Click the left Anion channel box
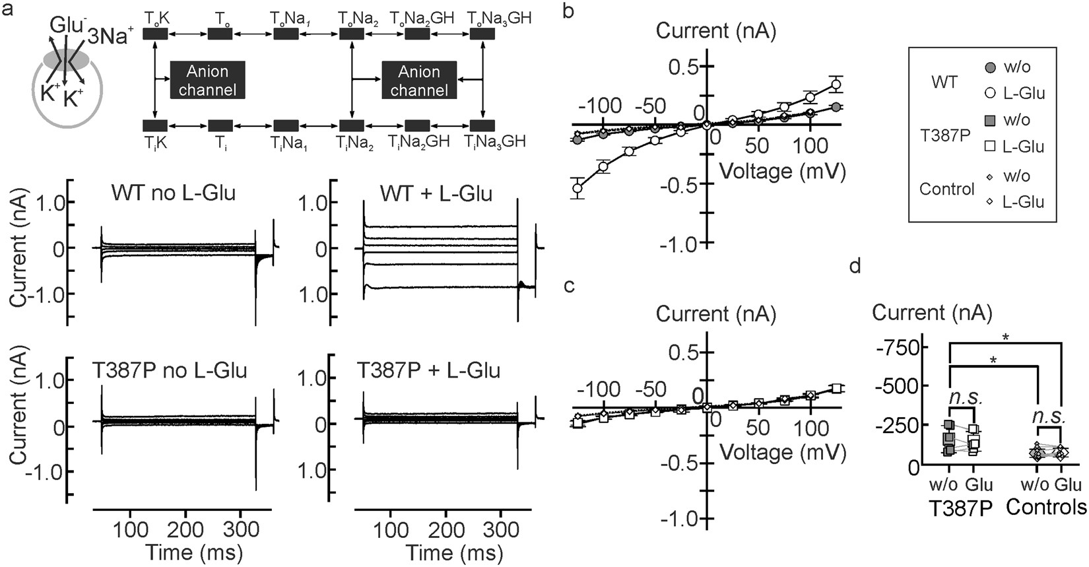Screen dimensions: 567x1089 [207, 80]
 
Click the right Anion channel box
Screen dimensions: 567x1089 [419, 80]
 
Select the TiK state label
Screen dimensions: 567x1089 [156, 142]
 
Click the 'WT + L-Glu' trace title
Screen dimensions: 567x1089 [436, 194]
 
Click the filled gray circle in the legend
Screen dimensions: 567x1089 [990, 67]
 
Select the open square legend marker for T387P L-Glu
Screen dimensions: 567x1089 [990, 147]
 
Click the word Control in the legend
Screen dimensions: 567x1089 [947, 189]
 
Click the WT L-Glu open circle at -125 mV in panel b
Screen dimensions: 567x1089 [577, 188]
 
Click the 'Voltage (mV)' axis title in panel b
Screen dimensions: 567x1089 [781, 172]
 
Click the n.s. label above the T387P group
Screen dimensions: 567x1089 [966, 397]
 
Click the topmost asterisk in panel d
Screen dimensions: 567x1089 [1005, 338]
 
